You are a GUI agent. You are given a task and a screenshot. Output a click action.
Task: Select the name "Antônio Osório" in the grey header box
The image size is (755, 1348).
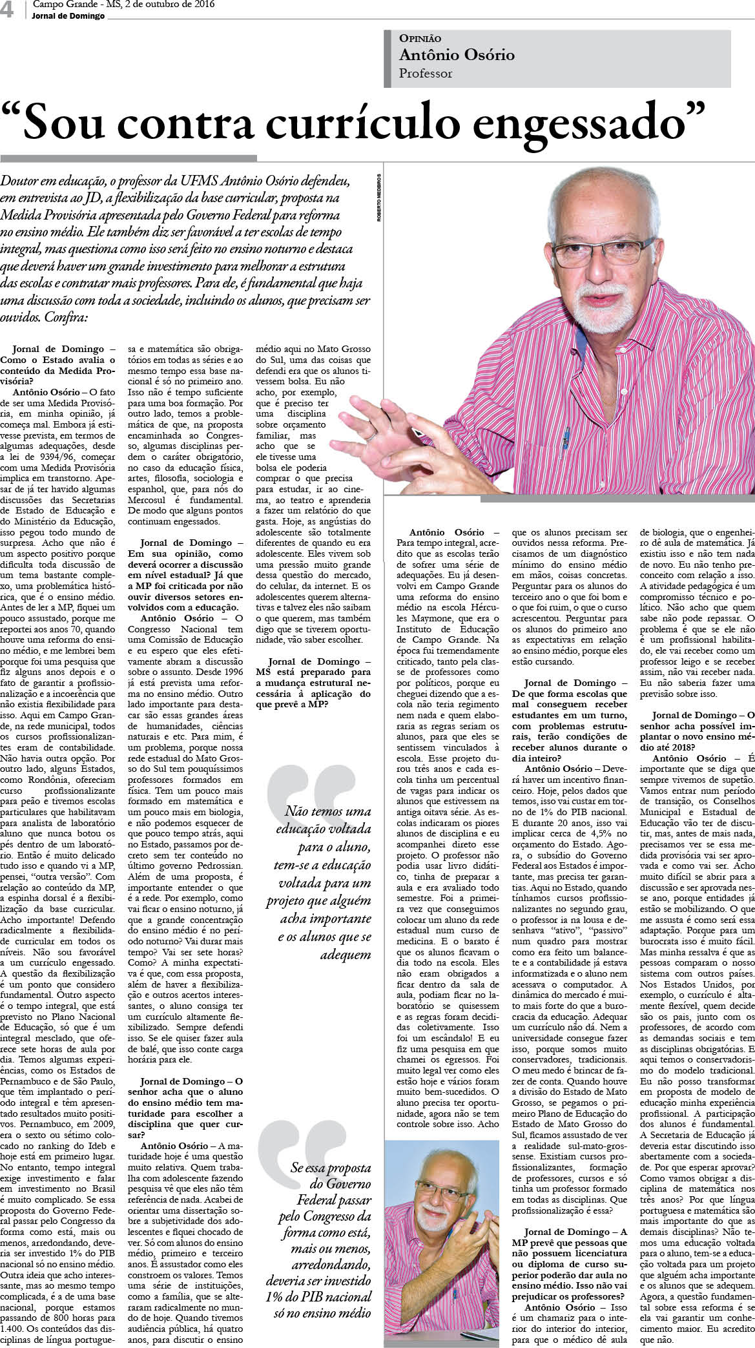(457, 55)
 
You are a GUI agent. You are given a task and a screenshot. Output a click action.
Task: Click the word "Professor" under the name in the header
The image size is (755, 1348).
(426, 74)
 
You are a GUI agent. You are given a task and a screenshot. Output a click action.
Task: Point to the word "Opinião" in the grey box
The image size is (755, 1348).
(420, 39)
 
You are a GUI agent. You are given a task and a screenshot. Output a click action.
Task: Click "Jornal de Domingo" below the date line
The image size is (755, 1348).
(68, 16)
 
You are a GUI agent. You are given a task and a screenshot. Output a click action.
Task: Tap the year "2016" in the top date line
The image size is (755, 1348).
(202, 5)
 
